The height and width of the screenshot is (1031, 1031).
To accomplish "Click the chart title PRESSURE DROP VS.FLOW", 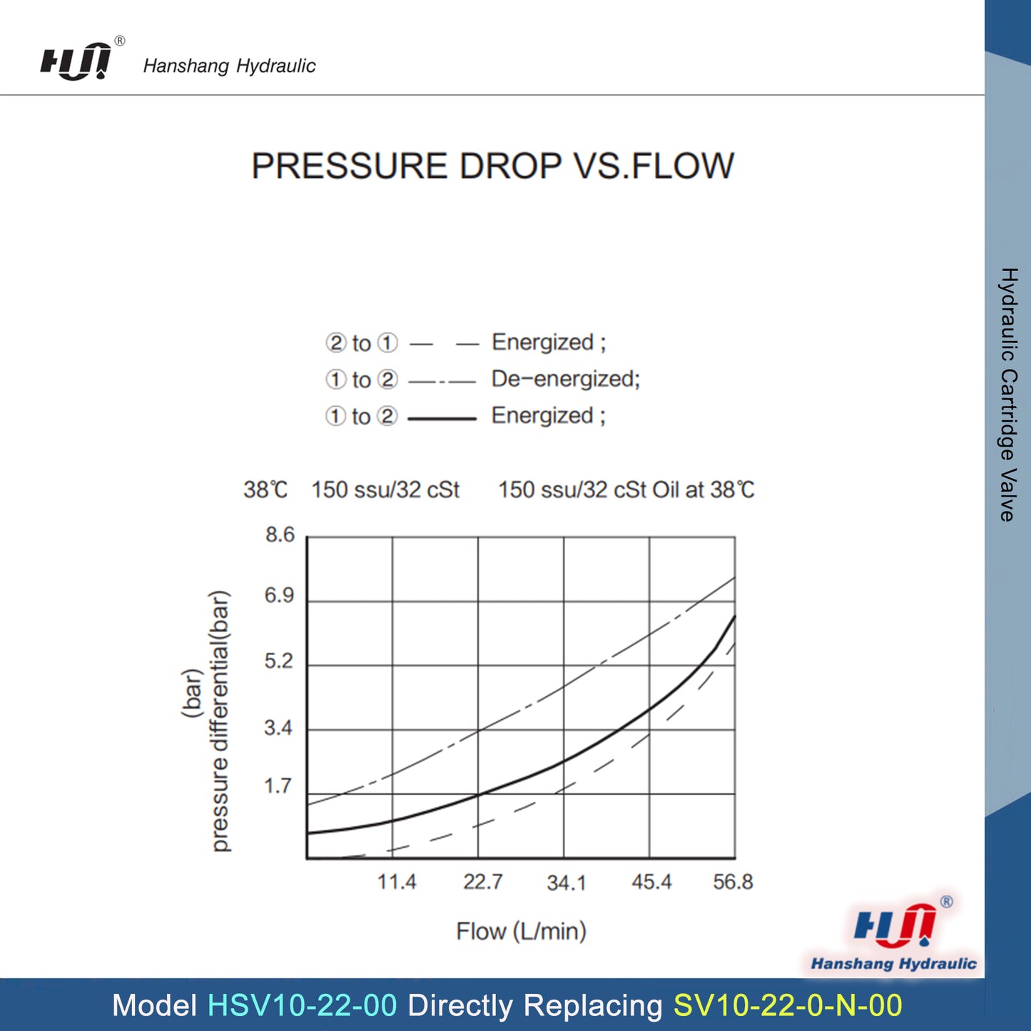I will tap(492, 166).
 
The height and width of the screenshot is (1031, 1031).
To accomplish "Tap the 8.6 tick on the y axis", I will tap(280, 535).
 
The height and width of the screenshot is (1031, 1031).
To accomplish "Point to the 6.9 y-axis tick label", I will tap(279, 596).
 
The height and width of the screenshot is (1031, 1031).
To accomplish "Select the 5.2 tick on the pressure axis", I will tap(278, 661).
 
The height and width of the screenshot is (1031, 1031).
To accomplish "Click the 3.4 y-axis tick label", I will tap(278, 728).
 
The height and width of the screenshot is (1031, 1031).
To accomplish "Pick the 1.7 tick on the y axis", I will tap(278, 786).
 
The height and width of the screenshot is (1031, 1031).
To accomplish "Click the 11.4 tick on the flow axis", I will tap(397, 883).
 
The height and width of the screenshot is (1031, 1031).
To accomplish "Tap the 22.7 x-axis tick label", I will tap(482, 883).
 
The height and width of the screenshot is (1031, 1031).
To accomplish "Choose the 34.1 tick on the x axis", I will tap(567, 883).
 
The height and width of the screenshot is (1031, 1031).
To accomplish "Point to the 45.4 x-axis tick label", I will tap(651, 883).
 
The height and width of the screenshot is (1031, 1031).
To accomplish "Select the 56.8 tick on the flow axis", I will tap(733, 883).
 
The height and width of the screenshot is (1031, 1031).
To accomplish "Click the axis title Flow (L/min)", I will tap(521, 931).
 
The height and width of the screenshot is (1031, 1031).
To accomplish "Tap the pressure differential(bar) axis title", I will tap(220, 721).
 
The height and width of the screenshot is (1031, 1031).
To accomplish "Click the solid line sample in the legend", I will tap(442, 418).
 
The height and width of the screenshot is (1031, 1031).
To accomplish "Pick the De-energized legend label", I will tap(566, 379).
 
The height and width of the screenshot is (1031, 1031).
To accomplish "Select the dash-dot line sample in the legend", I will tap(442, 382).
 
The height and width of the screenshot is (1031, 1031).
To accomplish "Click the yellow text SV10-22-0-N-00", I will tap(788, 1005).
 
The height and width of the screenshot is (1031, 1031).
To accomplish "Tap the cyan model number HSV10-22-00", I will tap(302, 1005).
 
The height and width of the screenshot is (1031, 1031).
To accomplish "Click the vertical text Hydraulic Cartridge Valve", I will tap(1007, 395).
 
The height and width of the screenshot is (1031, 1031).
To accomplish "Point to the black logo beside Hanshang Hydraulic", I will tap(76, 61).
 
